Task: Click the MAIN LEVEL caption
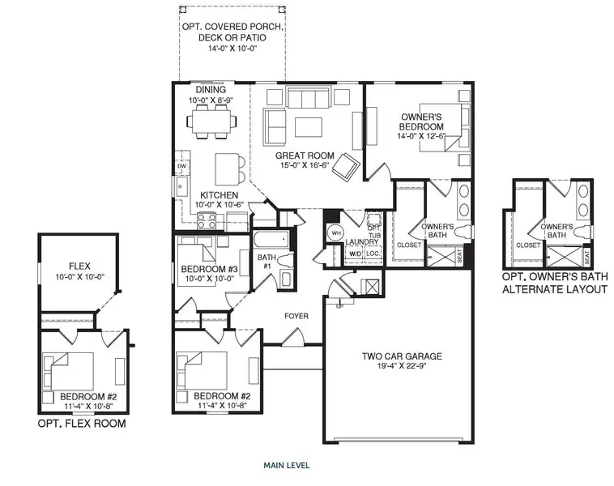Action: [286, 466]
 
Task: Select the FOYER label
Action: [296, 315]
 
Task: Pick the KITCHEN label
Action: [219, 196]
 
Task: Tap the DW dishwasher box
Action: [182, 167]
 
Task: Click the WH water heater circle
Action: [335, 233]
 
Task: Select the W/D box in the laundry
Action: [355, 254]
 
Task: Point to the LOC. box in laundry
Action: [373, 254]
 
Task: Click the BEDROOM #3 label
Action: [209, 269]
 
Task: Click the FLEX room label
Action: [79, 265]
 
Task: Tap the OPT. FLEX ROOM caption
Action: [82, 423]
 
